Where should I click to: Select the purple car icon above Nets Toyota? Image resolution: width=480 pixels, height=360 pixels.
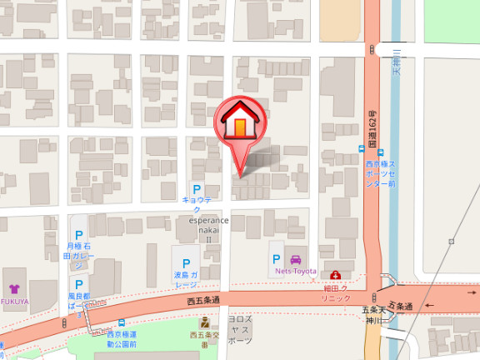295,259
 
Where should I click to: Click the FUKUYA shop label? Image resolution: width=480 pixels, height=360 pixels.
14,288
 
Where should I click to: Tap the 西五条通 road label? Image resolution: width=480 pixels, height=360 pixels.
203,300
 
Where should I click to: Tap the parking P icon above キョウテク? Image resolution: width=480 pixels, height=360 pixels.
197,189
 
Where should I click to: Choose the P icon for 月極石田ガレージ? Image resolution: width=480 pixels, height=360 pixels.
79,236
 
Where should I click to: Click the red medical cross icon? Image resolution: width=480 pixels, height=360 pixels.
335,276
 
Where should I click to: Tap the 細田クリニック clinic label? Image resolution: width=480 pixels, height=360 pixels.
335,292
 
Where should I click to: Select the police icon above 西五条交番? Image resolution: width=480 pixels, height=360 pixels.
204,323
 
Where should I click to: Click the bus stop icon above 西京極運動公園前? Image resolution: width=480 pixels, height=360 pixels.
122,322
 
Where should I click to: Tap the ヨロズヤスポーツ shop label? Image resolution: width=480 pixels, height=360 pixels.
239,329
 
